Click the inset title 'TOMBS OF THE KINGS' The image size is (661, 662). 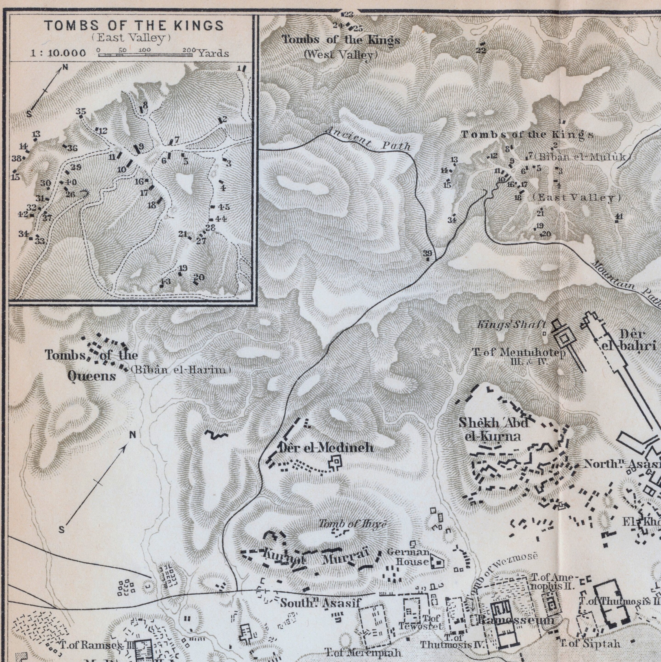click(134, 26)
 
